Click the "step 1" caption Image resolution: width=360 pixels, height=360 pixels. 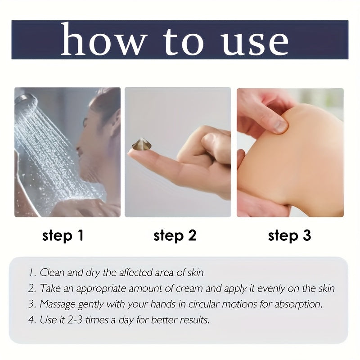pos(63,236)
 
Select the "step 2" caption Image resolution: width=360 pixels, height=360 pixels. pos(175,236)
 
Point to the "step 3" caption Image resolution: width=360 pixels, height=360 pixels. pos(289,236)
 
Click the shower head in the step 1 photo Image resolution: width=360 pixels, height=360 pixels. pos(26,100)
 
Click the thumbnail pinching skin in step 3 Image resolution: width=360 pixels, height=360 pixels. pos(280,125)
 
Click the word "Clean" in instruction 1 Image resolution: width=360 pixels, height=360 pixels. pos(52,273)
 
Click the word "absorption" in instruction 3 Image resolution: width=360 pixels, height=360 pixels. pos(298,305)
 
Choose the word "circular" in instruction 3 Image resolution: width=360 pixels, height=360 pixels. pos(204,304)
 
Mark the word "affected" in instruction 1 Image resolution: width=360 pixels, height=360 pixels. pos(133,273)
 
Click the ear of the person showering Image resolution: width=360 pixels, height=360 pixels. pos(116,119)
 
